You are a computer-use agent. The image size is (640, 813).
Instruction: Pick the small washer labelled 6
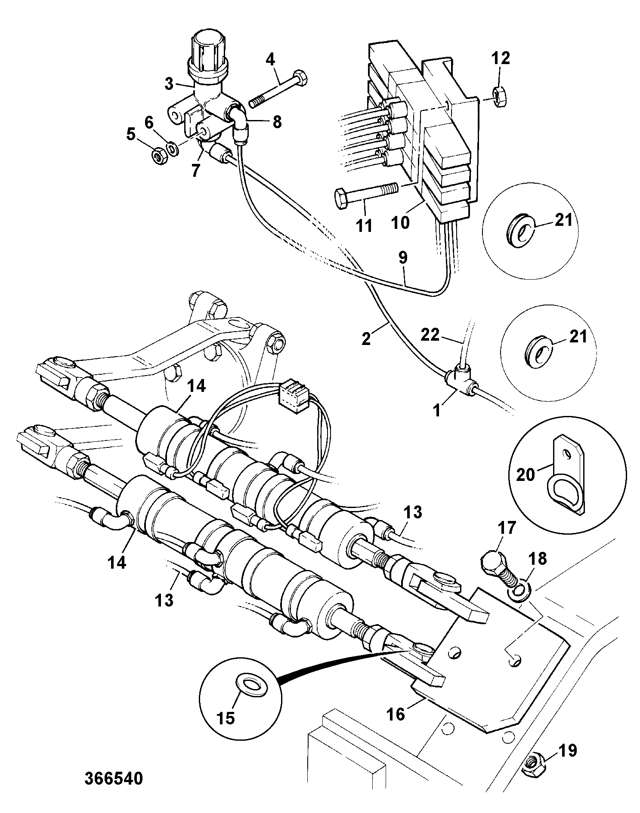pos(173,149)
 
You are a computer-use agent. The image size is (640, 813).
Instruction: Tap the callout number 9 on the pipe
pos(402,258)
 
